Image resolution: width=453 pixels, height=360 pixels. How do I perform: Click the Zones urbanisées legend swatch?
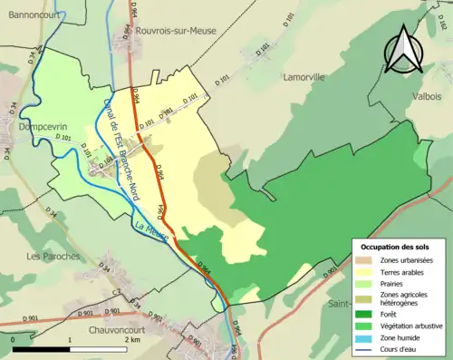(x=365, y=260)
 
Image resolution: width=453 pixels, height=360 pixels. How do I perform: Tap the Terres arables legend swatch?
(x=365, y=271)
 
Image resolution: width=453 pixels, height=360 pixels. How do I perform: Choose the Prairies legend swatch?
(x=365, y=282)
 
